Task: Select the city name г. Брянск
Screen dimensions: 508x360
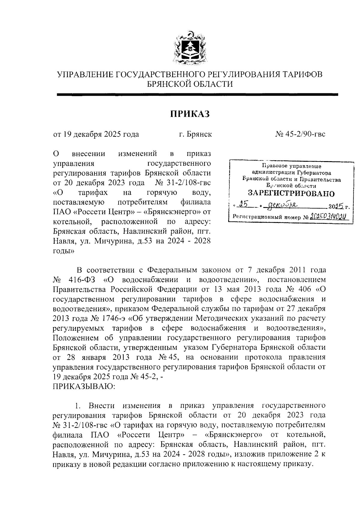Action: tap(195, 134)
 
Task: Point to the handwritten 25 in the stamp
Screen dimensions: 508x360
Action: tap(245, 206)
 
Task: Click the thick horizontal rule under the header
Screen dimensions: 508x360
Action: tap(197, 95)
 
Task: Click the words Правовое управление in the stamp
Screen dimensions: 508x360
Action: tap(291, 166)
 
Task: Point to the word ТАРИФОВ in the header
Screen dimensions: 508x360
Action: tap(303, 74)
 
